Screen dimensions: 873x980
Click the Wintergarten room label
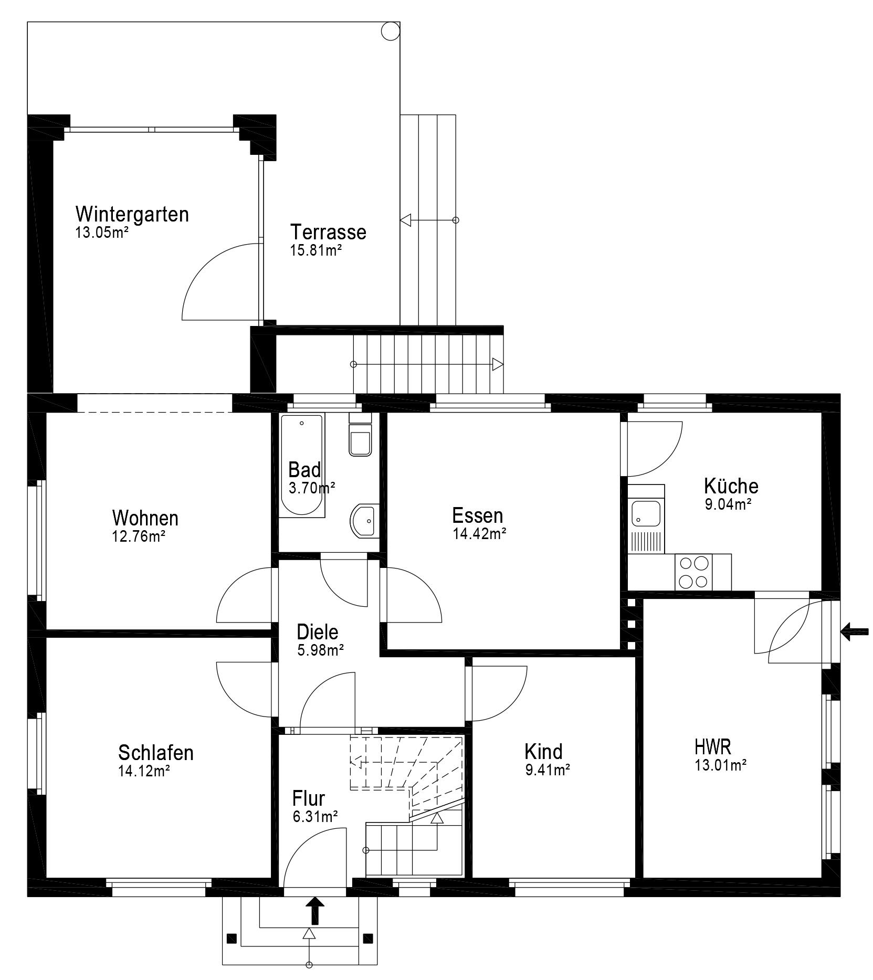tap(132, 214)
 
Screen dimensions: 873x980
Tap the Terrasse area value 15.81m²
tap(316, 250)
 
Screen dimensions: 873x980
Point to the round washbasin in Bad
tap(363, 521)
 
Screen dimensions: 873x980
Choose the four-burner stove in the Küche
tap(695, 572)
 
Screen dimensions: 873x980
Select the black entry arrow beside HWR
tap(855, 631)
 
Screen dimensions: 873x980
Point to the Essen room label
tap(478, 515)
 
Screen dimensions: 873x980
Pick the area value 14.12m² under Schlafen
tap(144, 771)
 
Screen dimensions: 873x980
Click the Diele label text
tap(318, 632)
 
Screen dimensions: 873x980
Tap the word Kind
tap(543, 752)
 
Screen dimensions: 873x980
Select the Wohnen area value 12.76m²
tap(139, 536)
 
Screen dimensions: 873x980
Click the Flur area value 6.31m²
tap(315, 816)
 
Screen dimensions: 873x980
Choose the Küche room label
tap(731, 486)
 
